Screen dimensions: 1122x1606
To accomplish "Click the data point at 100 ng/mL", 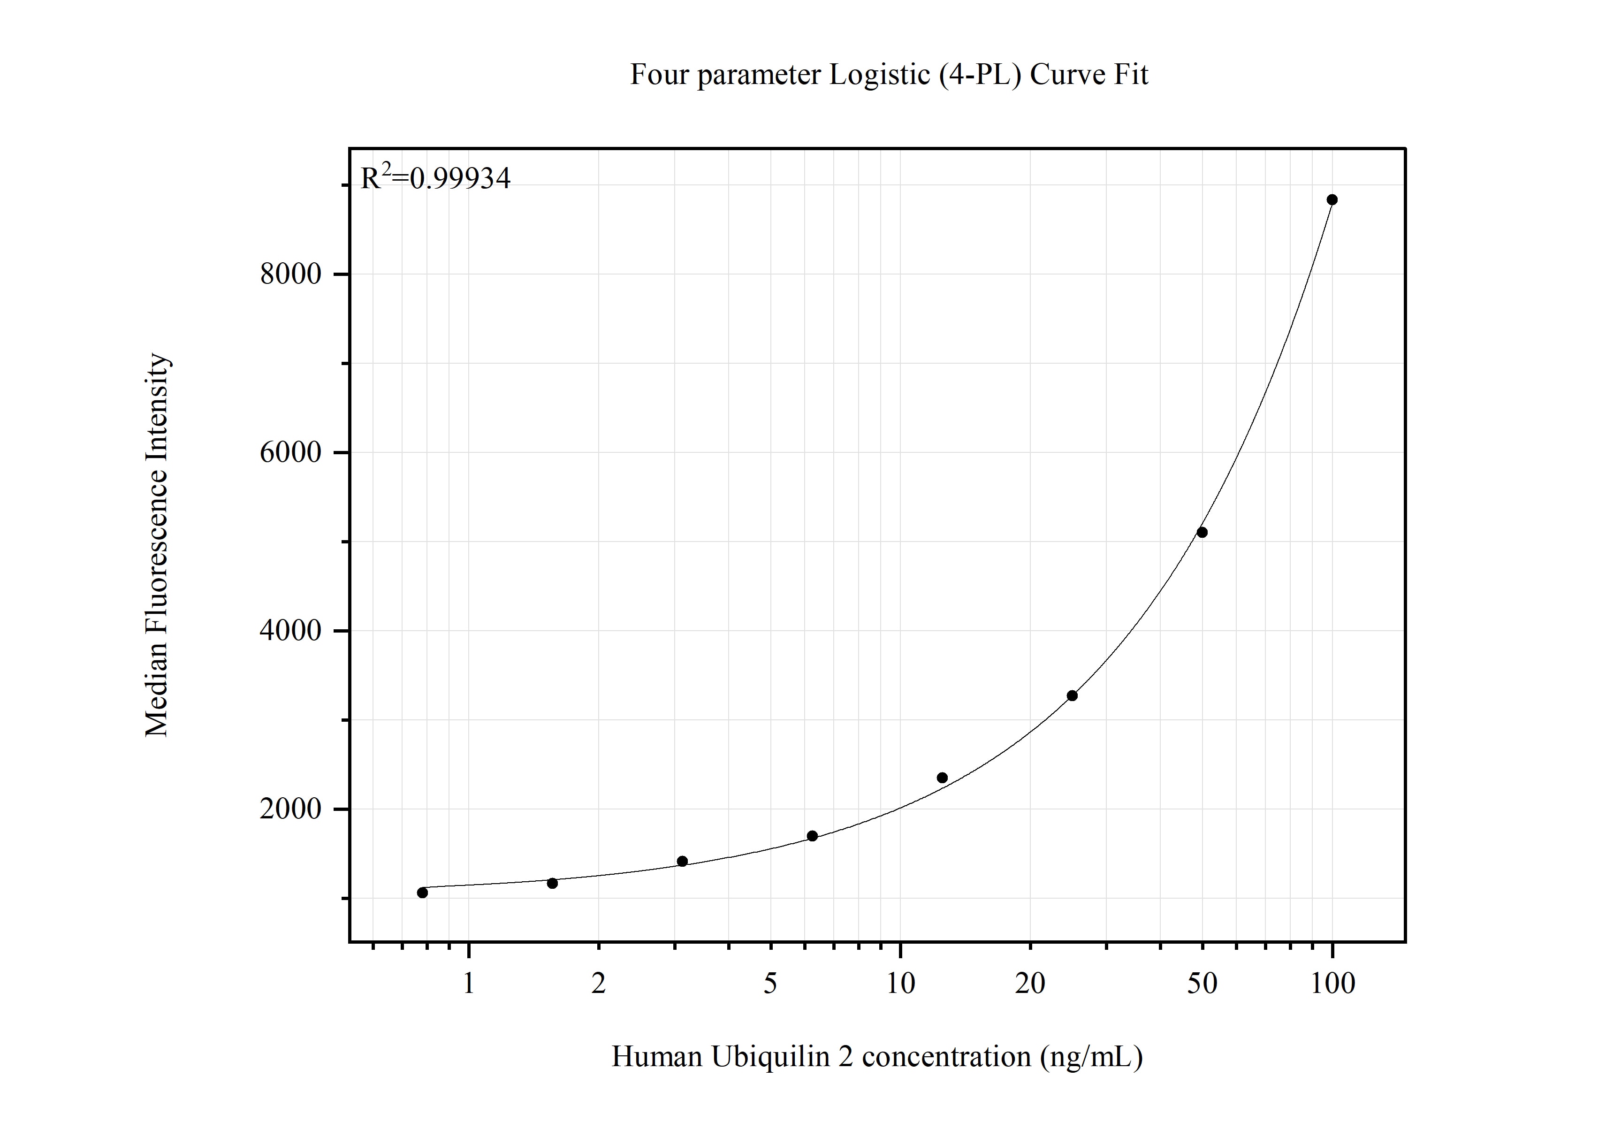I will click(1332, 200).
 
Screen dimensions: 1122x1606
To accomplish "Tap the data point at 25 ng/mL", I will click(1072, 695).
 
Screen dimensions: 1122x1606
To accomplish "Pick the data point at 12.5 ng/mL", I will click(942, 778).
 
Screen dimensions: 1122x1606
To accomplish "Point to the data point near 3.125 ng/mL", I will click(682, 861).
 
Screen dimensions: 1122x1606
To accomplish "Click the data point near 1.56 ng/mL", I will click(552, 884).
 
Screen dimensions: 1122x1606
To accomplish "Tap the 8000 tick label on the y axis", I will click(290, 274).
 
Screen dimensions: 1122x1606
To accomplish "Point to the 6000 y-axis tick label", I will click(290, 452).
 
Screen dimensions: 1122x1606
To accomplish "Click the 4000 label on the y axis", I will click(290, 631).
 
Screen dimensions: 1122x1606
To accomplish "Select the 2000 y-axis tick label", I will click(290, 809).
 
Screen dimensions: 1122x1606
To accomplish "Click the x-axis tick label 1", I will click(469, 984).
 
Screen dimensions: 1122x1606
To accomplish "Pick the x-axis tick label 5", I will click(770, 984).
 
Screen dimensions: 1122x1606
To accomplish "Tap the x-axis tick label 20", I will click(1030, 984).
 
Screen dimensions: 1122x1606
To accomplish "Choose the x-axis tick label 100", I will click(1332, 984).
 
